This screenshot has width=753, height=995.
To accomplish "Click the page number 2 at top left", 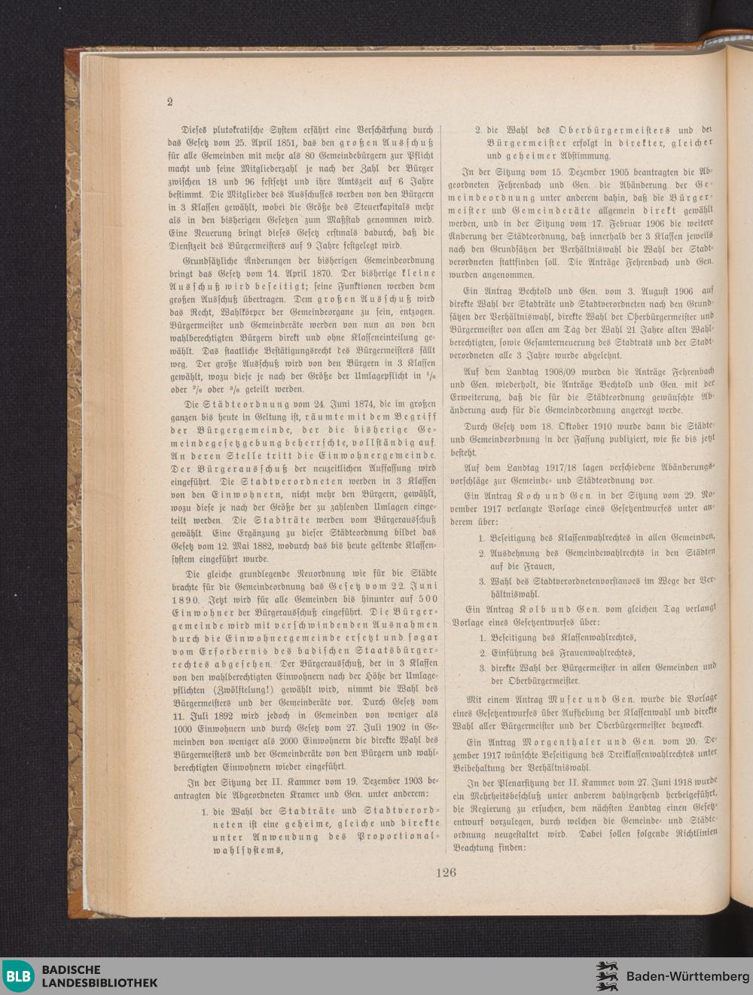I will click(170, 102).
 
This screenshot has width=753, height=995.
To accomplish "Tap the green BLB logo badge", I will click(20, 976).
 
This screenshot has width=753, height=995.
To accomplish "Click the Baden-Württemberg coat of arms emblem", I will click(607, 976).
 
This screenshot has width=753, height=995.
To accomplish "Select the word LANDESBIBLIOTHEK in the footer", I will click(99, 983).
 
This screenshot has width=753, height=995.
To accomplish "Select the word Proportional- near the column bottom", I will click(398, 836).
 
